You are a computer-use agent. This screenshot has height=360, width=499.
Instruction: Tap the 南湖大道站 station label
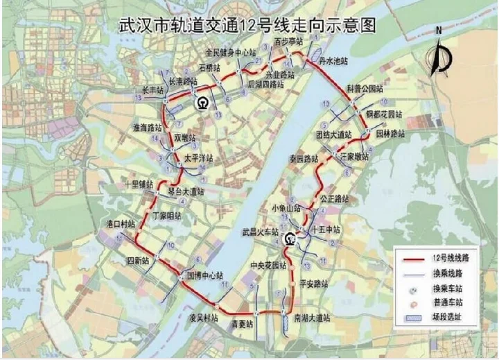pos(312,317)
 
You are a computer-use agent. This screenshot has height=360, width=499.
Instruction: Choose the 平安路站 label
pos(313,284)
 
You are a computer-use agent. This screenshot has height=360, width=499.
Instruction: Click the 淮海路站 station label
pos(147,128)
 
